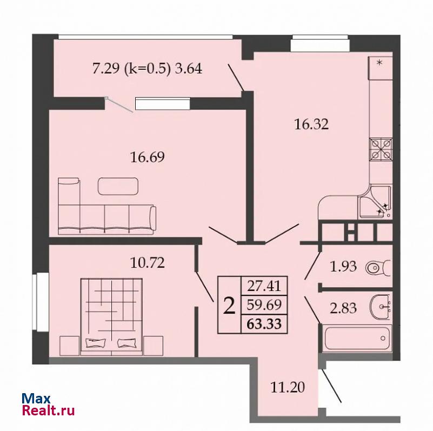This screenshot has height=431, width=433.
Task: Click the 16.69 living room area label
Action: pyautogui.click(x=148, y=157)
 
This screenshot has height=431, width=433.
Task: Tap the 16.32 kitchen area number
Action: pyautogui.click(x=311, y=124)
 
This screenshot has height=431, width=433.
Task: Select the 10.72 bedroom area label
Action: pyautogui.click(x=148, y=263)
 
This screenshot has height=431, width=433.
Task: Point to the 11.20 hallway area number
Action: pyautogui.click(x=288, y=387)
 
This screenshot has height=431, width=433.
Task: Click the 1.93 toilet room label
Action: pyautogui.click(x=343, y=267)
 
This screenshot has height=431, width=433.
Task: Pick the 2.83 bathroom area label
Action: pyautogui.click(x=343, y=308)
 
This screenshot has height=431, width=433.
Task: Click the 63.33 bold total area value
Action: pyautogui.click(x=264, y=323)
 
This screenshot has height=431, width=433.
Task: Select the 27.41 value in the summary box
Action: pyautogui.click(x=264, y=286)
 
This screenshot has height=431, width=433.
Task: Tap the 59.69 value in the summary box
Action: pyautogui.click(x=264, y=305)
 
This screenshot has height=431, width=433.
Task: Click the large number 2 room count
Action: pyautogui.click(x=229, y=306)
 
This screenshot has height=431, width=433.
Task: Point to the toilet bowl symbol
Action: pyautogui.click(x=378, y=268)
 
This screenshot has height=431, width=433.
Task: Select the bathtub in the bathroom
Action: pyautogui.click(x=357, y=339)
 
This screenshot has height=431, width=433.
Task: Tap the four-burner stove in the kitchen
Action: pyautogui.click(x=381, y=149)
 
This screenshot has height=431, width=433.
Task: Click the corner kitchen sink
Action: pyautogui.click(x=375, y=202)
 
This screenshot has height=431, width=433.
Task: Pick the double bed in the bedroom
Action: pyautogui.click(x=111, y=316)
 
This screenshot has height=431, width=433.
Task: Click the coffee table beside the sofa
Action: pyautogui.click(x=118, y=186)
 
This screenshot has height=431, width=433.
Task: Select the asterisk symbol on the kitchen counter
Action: pyautogui.click(x=379, y=63)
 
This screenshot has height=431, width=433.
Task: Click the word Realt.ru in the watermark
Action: pyautogui.click(x=48, y=410)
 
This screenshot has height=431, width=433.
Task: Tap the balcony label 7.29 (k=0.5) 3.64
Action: pyautogui.click(x=147, y=69)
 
